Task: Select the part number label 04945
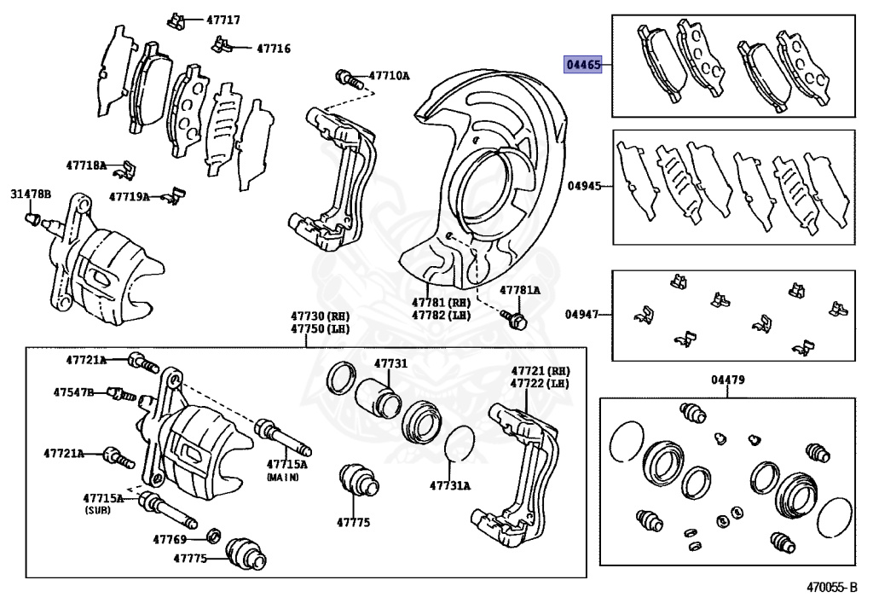(585, 184)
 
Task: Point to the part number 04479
(727, 380)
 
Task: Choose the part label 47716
(273, 49)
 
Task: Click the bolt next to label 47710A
(345, 78)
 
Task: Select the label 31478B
(31, 195)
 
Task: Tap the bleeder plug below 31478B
(33, 221)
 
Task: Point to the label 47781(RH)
(441, 302)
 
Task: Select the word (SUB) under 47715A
(99, 509)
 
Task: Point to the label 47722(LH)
(541, 384)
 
